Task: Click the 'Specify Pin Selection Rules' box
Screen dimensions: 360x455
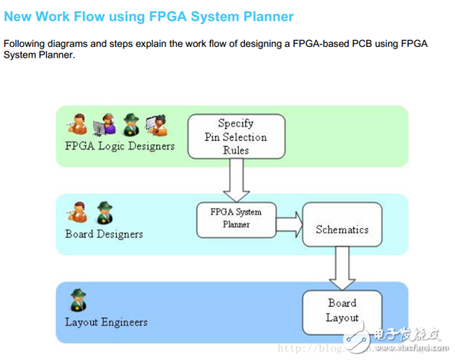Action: [x=236, y=136]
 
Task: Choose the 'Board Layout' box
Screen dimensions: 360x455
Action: [x=342, y=311]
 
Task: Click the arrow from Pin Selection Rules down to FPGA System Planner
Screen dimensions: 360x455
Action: [x=236, y=180]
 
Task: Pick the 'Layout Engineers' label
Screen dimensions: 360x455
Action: [x=106, y=322]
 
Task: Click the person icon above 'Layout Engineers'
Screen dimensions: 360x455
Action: [x=77, y=300]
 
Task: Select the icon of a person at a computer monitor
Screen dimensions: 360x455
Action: [x=102, y=124]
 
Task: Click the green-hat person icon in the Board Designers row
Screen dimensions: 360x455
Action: [x=103, y=212]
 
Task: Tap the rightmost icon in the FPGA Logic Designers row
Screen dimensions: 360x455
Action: [x=156, y=124]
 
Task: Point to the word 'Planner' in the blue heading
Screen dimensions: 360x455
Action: [x=267, y=16]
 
